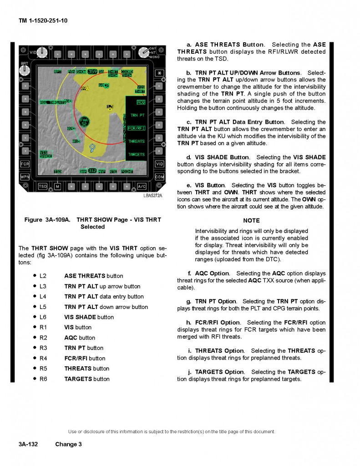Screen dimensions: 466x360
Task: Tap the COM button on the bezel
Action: click(159, 177)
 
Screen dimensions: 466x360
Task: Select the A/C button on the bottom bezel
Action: click(142, 186)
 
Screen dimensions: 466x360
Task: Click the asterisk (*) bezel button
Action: click(159, 73)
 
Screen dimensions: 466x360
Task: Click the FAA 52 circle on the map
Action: click(84, 122)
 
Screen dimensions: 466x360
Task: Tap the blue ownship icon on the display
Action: click(92, 147)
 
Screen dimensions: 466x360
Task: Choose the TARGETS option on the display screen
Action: click(136, 154)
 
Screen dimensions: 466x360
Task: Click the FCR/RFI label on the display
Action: click(136, 128)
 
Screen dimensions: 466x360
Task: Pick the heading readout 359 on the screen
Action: click(92, 71)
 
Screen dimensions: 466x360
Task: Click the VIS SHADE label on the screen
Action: click(46, 154)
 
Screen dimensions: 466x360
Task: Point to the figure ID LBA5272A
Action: click(152, 195)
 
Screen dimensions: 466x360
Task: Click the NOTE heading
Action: click(251, 221)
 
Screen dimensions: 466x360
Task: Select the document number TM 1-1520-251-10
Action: click(44, 21)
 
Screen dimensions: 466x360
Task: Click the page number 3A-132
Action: click(28, 444)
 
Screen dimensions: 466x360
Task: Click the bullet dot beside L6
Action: click(35, 317)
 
